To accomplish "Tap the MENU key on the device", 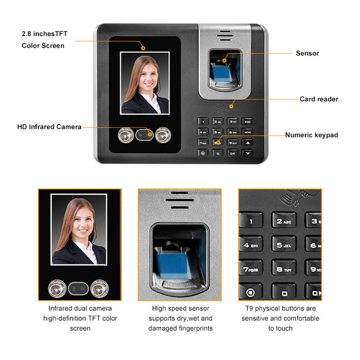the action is tap(247, 132).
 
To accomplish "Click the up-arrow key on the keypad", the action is tap(247, 142).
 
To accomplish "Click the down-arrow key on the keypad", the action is tap(247, 153).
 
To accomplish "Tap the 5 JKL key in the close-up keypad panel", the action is tap(284, 245).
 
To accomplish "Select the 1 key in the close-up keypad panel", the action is tap(251, 221).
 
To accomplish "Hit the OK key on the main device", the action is tap(232, 153).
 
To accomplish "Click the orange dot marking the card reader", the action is tap(231, 106).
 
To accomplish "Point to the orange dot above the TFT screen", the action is tap(143, 48).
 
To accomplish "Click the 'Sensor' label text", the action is tap(307, 53).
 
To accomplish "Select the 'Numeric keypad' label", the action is tap(312, 135).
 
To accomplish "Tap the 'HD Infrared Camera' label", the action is tap(49, 127).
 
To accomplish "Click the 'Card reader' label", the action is tap(319, 99).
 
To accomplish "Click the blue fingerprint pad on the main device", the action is tap(221, 73).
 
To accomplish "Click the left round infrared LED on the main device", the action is tap(126, 135).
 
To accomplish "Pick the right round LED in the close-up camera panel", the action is tap(99, 288).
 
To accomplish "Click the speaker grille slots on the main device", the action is tap(225, 36).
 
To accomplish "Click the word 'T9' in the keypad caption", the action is tap(249, 308).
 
